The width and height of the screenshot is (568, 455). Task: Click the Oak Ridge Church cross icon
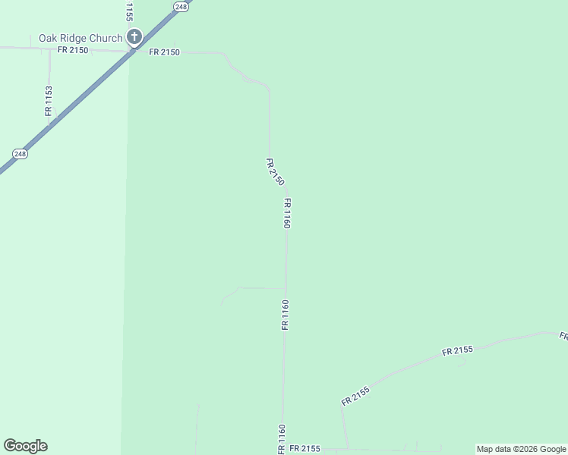click(x=134, y=36)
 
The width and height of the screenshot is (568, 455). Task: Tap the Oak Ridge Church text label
click(x=80, y=38)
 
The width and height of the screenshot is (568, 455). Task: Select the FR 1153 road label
click(x=49, y=100)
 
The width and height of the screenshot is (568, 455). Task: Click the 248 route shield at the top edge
click(x=180, y=6)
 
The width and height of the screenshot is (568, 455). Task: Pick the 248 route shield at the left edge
click(x=21, y=154)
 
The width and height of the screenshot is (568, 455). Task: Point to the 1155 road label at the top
click(x=129, y=11)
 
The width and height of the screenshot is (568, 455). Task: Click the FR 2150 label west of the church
click(x=73, y=50)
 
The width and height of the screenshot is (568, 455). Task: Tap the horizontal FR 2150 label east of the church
click(x=164, y=52)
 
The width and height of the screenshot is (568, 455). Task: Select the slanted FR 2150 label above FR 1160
click(x=275, y=172)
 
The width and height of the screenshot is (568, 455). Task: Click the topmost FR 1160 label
click(x=287, y=213)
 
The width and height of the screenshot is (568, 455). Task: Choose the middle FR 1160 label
click(x=286, y=315)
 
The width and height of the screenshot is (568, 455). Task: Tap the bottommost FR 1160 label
click(x=281, y=440)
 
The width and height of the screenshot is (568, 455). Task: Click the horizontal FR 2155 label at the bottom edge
click(x=305, y=449)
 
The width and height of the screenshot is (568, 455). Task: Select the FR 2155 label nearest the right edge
click(x=457, y=350)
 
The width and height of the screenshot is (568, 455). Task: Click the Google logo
click(x=25, y=446)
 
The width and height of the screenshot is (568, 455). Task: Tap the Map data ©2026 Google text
click(x=521, y=449)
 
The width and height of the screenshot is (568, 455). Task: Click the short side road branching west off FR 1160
click(x=258, y=288)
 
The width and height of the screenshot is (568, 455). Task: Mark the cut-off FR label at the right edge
click(x=563, y=335)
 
